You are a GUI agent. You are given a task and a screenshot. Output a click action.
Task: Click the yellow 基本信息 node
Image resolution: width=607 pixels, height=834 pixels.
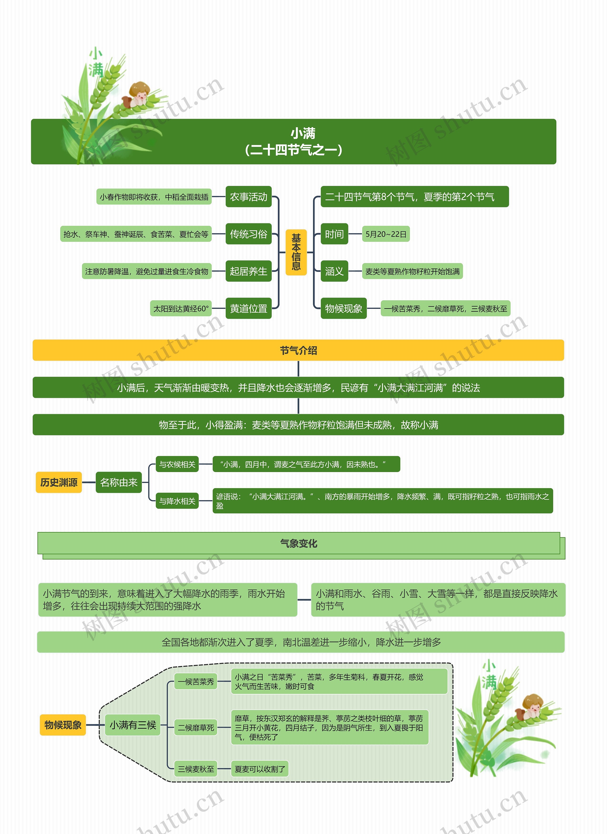point(296,252)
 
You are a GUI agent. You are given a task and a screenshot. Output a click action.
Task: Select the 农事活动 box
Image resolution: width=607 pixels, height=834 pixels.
point(248,197)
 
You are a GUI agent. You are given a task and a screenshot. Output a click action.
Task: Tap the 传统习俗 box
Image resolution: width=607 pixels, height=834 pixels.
point(248,234)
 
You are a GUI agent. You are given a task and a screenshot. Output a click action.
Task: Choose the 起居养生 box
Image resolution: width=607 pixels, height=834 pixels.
point(248,271)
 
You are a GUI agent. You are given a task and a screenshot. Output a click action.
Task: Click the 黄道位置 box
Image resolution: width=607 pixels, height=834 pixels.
point(248,309)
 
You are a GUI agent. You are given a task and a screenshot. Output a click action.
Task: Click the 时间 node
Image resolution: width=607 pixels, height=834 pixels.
point(334,234)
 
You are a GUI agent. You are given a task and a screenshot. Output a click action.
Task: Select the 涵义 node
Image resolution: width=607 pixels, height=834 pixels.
point(334,271)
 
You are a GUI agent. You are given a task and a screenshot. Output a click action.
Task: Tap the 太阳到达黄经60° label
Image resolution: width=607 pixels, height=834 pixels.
point(181,309)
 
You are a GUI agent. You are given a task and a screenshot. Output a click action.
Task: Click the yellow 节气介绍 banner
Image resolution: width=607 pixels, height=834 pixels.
point(298,350)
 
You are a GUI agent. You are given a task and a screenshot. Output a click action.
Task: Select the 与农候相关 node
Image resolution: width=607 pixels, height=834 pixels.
point(177,464)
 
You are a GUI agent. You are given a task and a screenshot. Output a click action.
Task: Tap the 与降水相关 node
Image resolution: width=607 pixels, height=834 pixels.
point(177,501)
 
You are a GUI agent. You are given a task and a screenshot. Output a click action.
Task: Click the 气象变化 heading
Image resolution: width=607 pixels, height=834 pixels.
point(299,543)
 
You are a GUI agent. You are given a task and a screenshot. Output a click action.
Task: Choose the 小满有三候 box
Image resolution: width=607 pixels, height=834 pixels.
point(133,725)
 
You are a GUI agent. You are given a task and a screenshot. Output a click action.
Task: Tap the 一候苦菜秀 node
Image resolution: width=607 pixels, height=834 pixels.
point(196,682)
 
